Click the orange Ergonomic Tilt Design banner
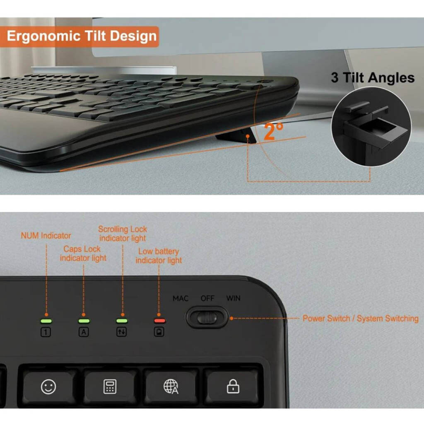(79, 36)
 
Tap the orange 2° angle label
(273, 131)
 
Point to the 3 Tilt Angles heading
(373, 77)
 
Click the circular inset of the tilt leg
(371, 127)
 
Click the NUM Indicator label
(46, 236)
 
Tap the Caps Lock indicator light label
(83, 253)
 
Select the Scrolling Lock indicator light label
(123, 234)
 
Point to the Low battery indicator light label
(159, 256)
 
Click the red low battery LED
(159, 321)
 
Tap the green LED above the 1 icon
(46, 321)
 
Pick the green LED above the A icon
(84, 321)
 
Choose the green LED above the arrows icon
(122, 321)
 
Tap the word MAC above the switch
(181, 299)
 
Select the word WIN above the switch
(233, 298)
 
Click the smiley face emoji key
(48, 387)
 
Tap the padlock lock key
(233, 387)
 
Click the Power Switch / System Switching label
(361, 318)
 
